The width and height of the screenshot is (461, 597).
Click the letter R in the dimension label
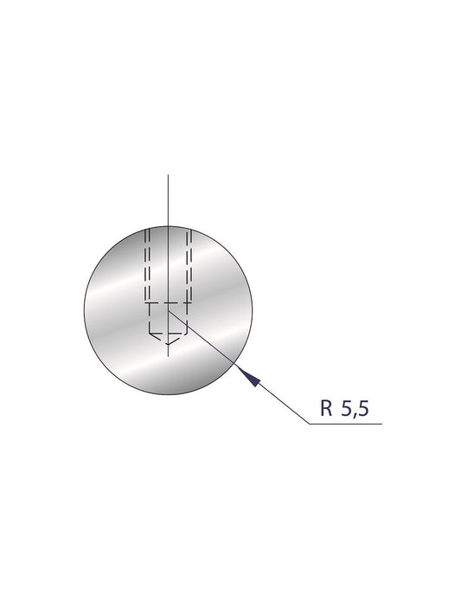click(326, 410)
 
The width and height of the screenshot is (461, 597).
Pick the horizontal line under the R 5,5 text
click(346, 424)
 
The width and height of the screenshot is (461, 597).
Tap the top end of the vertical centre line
click(169, 175)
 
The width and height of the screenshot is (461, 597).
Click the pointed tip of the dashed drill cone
click(169, 344)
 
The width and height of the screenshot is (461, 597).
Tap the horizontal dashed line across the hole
click(169, 303)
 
